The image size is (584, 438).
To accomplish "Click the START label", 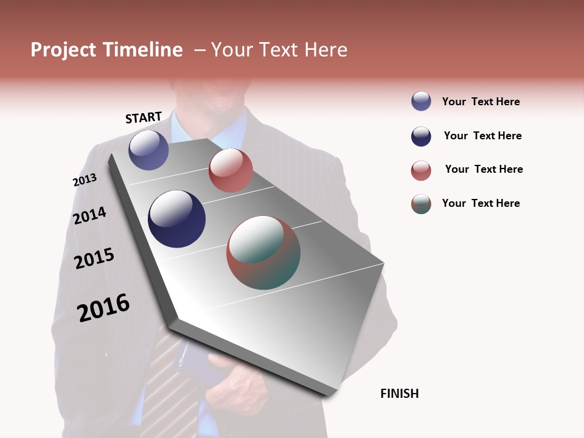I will coord(144,117).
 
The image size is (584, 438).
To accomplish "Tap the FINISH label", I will coord(399,394).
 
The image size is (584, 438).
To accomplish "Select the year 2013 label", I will coord(85,180).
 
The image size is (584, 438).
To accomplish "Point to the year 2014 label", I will coord(89,215).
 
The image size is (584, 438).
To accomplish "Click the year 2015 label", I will coord(94,259).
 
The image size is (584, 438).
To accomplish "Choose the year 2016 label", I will coord(103,308).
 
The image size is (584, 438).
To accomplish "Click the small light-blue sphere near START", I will coord(148,150).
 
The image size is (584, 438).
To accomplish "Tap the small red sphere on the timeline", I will coord(231,170).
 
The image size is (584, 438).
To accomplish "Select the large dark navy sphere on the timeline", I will coord(176,219).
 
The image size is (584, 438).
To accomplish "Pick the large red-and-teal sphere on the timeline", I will coord(263,252).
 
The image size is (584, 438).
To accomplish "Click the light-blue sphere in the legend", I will coord(421,101).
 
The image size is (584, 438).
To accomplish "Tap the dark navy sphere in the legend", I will coord(421,136).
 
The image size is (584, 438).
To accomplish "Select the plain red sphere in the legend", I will coord(421,170).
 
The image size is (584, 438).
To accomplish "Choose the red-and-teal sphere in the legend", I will coord(421,204).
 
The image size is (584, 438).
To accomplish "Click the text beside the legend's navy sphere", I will coord(482,136).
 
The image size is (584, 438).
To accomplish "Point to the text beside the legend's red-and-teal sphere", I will coord(481,203).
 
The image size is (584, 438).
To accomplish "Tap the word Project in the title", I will coord(63,50).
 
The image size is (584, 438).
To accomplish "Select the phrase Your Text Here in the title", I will coord(279,50).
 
